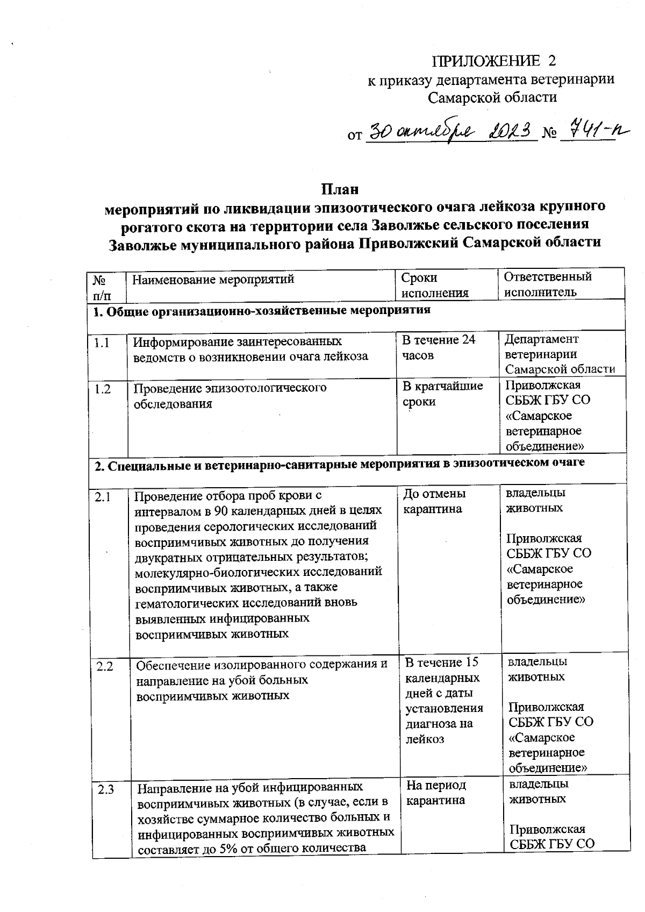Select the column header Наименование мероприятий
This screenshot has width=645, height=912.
point(213,280)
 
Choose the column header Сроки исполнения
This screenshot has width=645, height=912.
point(435,285)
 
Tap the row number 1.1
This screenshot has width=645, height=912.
point(102,343)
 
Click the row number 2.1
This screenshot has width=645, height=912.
point(103,497)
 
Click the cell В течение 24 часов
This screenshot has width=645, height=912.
point(439,347)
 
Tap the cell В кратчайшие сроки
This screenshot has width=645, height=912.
point(442,394)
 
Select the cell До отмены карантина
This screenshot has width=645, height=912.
point(434,501)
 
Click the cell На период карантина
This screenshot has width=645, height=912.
point(435,793)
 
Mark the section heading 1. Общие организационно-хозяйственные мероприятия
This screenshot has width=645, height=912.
point(262,310)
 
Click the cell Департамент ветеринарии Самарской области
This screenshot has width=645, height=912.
point(559,354)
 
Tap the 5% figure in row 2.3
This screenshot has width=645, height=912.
point(231,849)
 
